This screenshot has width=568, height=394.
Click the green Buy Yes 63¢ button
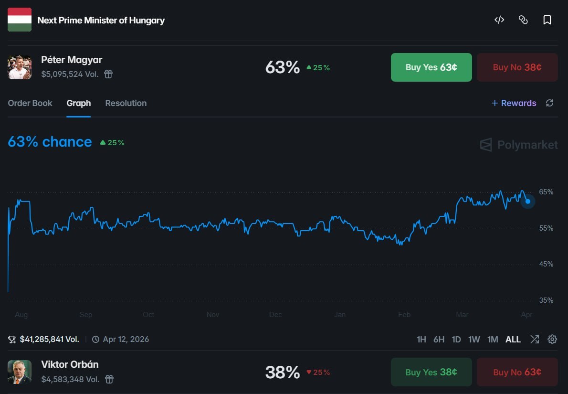coord(431,67)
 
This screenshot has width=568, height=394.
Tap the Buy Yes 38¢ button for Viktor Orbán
coord(431,372)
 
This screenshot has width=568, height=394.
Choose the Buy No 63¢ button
coord(517,372)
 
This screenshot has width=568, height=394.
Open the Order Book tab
coord(30,103)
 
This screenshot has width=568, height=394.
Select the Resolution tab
coord(126,103)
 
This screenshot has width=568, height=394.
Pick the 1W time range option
coord(474,340)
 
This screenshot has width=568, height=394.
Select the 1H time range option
coord(421,340)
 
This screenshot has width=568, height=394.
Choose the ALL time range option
coord(513,340)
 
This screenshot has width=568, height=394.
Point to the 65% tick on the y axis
coord(546,192)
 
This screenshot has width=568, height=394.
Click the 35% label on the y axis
coord(546,300)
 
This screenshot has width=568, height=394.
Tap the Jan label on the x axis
coord(340,315)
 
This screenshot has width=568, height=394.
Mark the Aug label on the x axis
coord(21,315)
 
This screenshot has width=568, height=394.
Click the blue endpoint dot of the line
coord(528,202)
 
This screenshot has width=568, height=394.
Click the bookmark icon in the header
coord(547,20)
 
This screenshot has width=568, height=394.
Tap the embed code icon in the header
coord(499,20)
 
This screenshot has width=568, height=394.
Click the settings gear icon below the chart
coord(552,340)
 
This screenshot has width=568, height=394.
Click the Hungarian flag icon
coord(20,20)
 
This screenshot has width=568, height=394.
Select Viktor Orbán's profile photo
coord(20,372)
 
